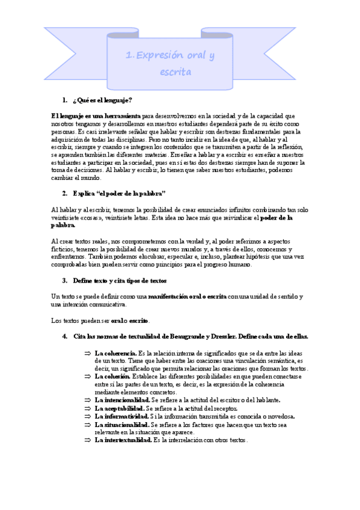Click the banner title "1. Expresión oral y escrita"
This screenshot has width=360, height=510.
170,63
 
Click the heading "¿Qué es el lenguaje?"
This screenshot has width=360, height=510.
102,99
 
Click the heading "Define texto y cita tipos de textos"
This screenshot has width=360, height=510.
120,280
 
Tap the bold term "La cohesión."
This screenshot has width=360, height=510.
113,376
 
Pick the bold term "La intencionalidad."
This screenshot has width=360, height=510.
122,399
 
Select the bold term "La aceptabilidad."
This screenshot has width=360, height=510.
120,408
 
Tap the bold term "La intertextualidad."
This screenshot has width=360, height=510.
123,440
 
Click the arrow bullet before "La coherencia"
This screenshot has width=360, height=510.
87,353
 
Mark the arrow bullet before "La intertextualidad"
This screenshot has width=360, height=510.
87,440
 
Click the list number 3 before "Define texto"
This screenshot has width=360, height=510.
64,280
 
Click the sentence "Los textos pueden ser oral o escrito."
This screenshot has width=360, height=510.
101,319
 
